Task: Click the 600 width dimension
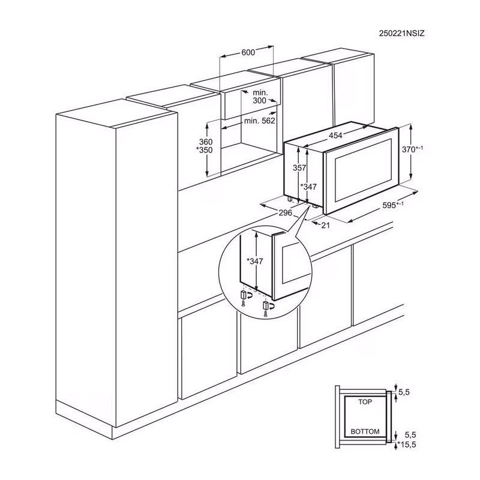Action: coord(248,52)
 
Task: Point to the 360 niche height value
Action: coord(205,142)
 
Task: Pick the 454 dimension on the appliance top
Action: coord(335,136)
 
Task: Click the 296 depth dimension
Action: coord(286,212)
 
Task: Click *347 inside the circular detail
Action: coord(255,261)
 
